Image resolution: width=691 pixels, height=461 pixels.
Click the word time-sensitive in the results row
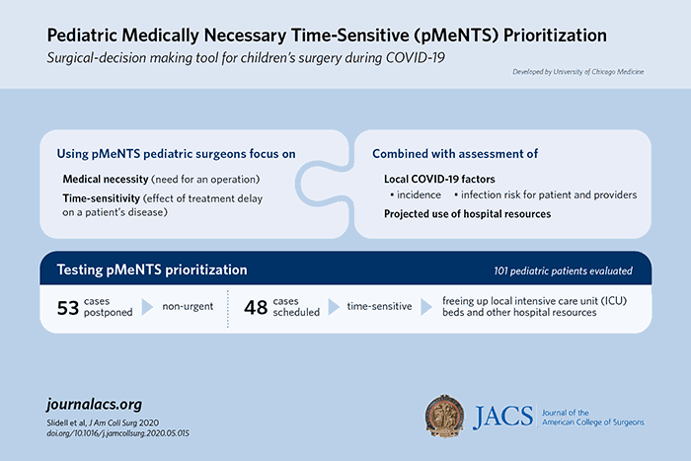point(378,308)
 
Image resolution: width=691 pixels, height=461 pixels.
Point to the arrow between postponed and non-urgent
point(147,308)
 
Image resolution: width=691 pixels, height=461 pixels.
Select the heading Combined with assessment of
point(442,154)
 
